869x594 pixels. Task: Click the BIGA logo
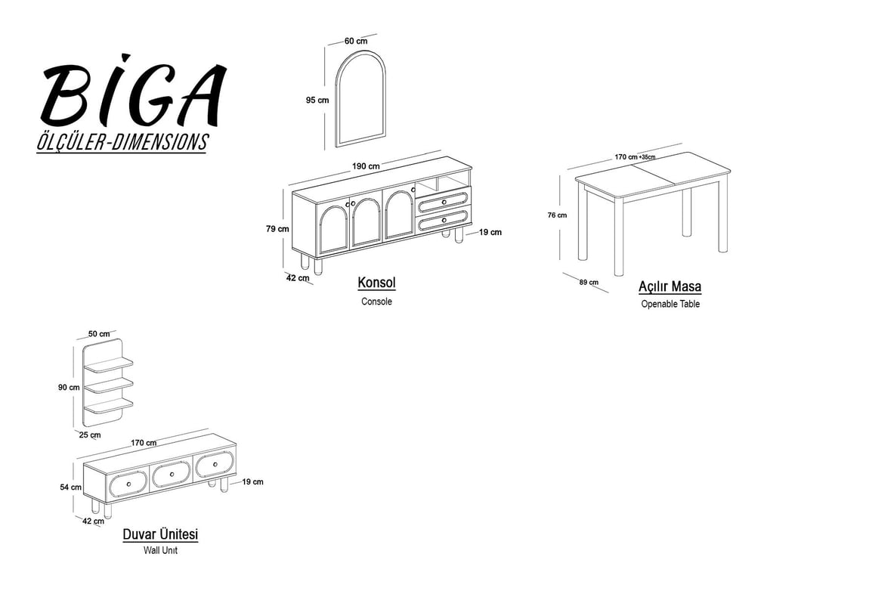coord(133,91)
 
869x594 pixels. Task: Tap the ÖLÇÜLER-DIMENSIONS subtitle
coord(122,142)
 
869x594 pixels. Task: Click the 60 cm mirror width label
coord(356,41)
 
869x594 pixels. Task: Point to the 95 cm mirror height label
coord(317,101)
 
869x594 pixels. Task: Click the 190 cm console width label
coord(366,166)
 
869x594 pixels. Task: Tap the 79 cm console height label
coord(277,228)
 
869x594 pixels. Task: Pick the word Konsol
coord(377,283)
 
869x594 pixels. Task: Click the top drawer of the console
coord(444,203)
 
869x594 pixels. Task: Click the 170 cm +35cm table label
coord(635,156)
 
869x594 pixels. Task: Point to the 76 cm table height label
coord(557,215)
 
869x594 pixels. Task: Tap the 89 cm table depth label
coord(589,283)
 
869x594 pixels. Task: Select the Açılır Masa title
coord(670,286)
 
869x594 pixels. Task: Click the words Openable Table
coord(670,305)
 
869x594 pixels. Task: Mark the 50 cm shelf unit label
coord(99,334)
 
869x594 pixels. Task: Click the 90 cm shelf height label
coord(69,388)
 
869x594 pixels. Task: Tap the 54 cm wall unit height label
coord(70,487)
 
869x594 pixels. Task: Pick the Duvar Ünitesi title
coord(160,535)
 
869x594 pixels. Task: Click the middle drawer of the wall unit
coord(172,475)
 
